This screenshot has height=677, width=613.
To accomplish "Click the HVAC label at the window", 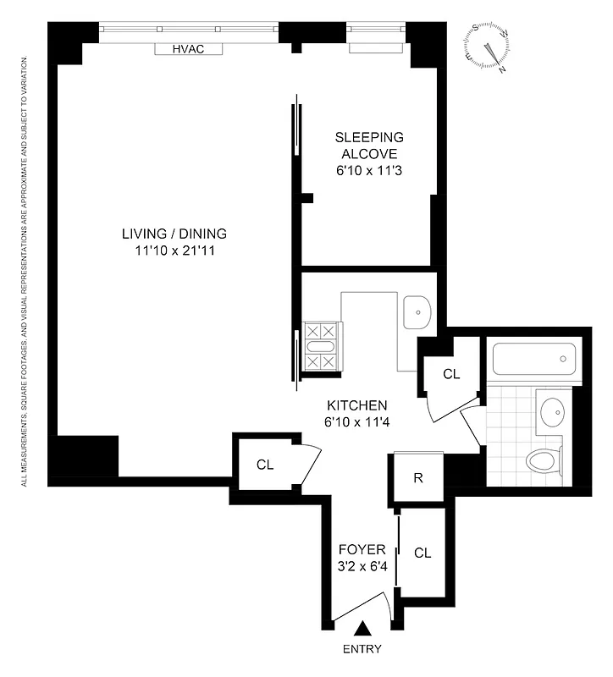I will coord(188,50).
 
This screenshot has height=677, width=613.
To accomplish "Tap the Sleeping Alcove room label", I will coord(368,145).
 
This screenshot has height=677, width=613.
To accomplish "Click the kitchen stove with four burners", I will coord(322,346).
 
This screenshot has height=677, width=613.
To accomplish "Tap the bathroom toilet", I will coord(542,460).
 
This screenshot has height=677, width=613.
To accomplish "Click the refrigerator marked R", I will coord(417,477).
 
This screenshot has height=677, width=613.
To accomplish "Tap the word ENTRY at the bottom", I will coord(362,650).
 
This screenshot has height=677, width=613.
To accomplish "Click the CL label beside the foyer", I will coord(422,553).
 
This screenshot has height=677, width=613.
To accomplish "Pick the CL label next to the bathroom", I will coord(451,373).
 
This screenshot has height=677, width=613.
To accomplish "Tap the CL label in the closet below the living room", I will coord(265,464).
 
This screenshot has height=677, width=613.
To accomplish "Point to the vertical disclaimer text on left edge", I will coord(25,271).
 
